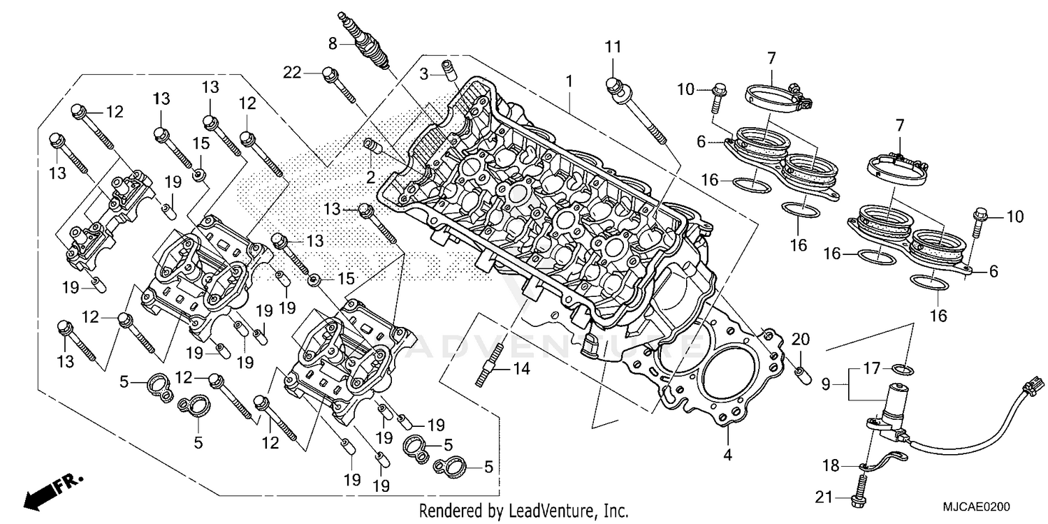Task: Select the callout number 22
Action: tap(291, 72)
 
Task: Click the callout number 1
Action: tap(569, 82)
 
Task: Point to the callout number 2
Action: tap(371, 176)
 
